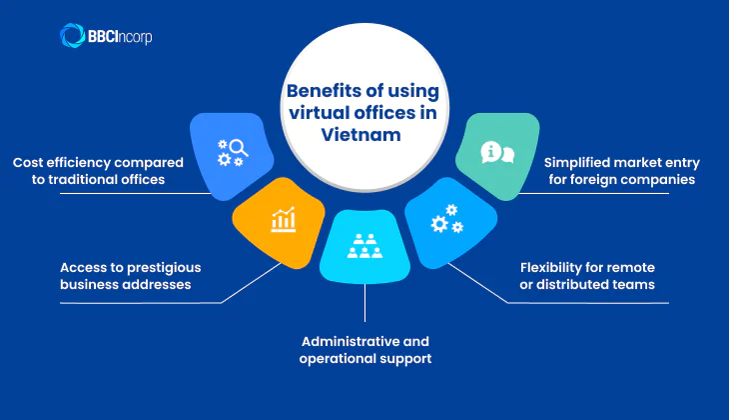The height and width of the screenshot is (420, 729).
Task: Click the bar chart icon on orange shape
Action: pos(282,219)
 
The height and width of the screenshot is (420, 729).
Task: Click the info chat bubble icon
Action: pos(496,153)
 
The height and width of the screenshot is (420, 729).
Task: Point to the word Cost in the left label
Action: pos(30,161)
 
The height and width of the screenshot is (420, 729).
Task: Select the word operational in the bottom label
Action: pos(338,358)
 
